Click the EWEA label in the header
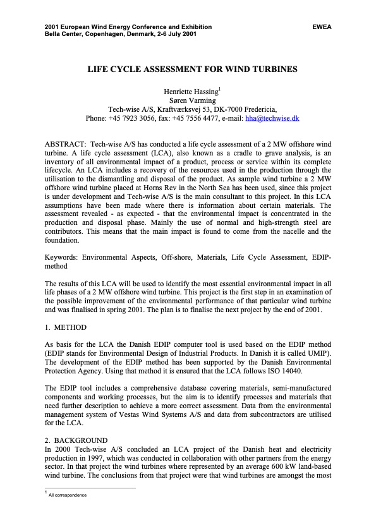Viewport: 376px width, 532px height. point(321,27)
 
